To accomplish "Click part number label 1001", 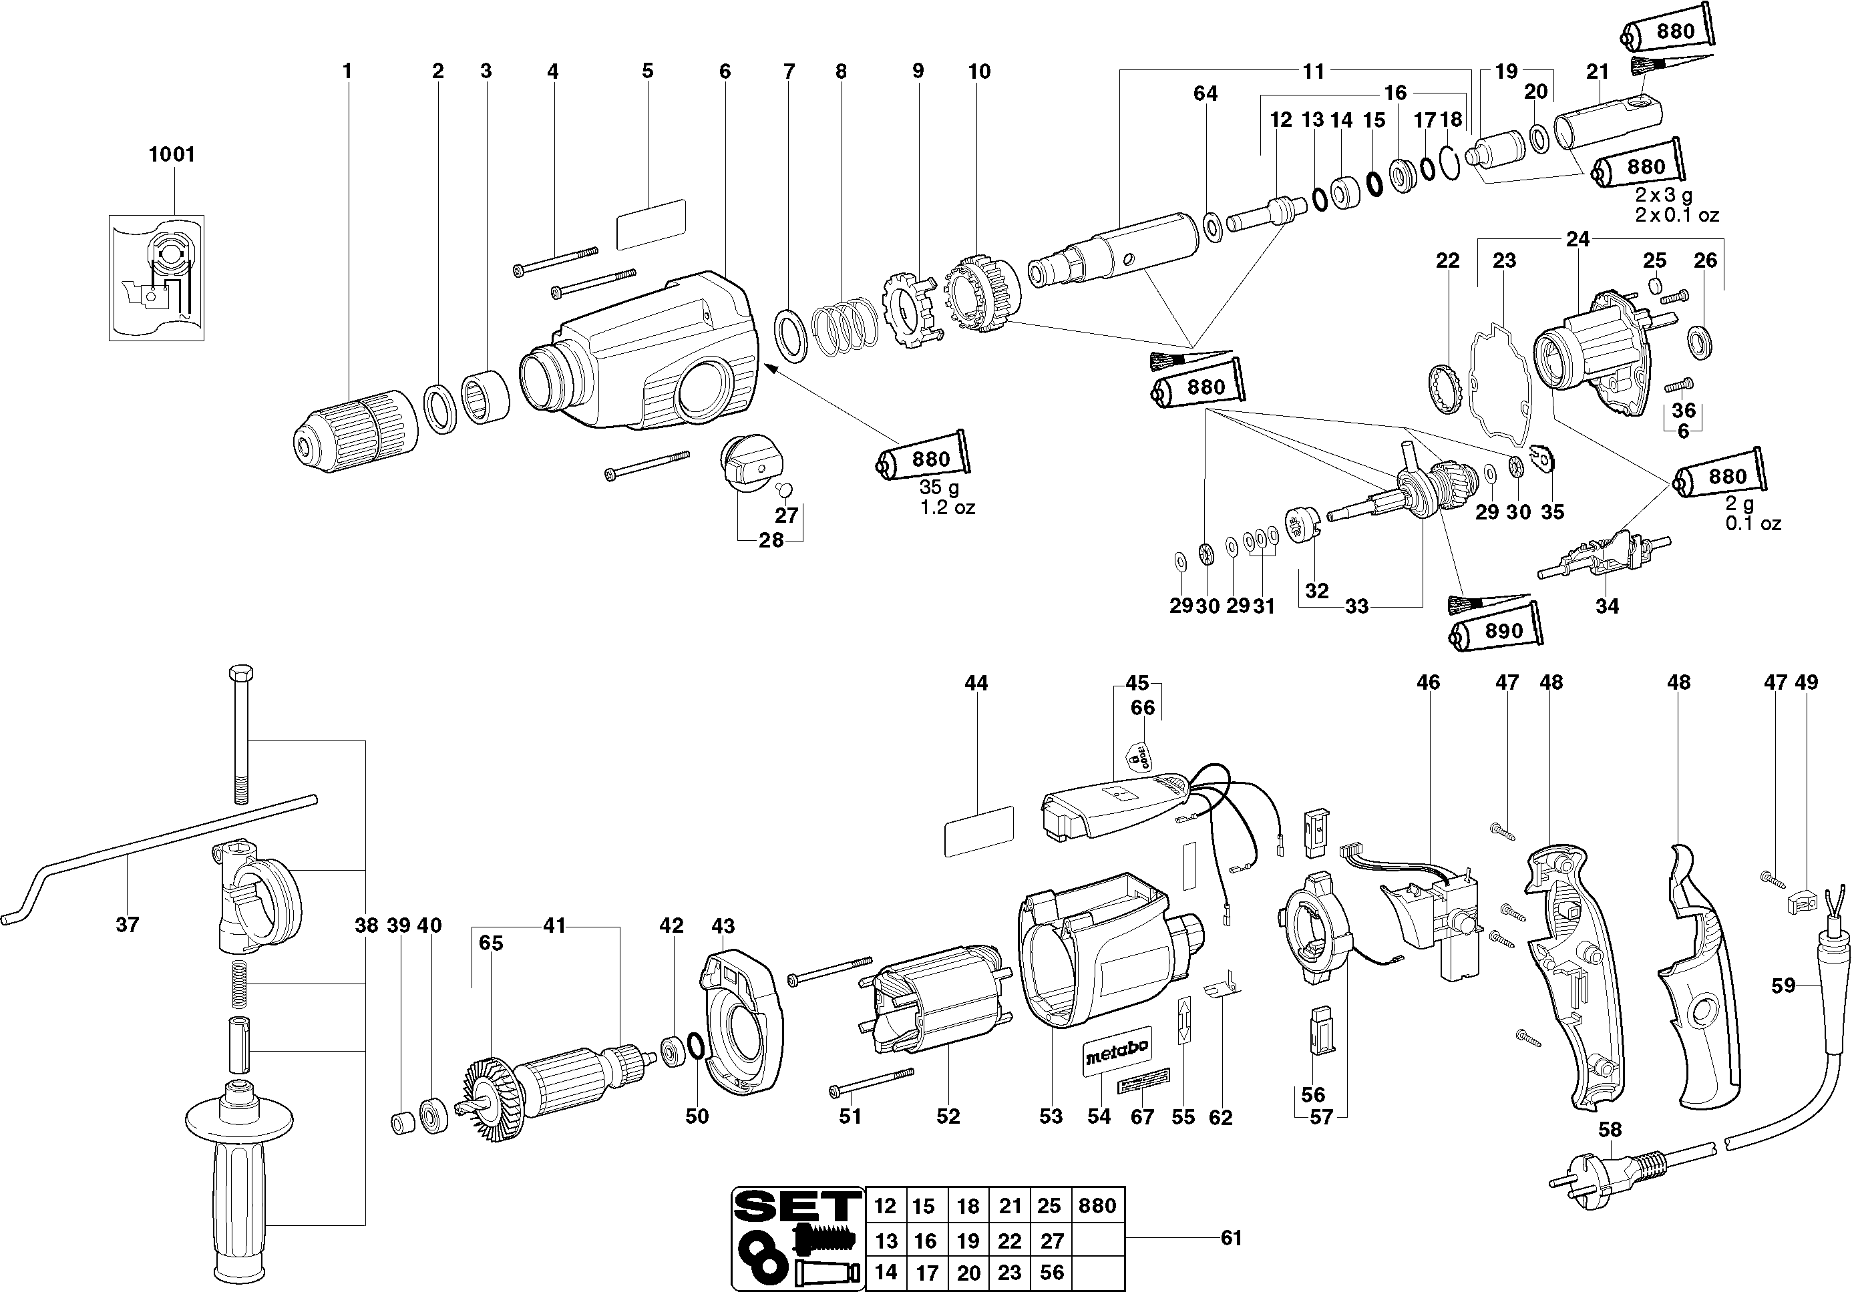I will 172,154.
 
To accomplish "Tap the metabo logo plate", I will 1117,1051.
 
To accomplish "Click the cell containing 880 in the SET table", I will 1097,1206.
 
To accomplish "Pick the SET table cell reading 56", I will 1052,1273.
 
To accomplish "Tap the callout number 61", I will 1231,1237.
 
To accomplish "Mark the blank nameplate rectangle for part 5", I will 651,225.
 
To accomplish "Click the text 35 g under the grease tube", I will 939,488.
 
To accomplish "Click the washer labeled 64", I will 1211,226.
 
